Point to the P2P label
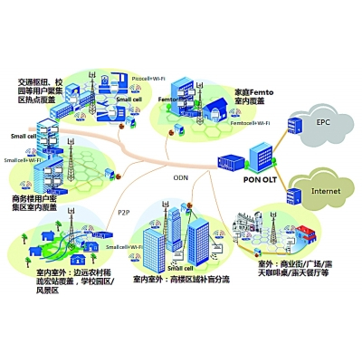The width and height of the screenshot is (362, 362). click(123, 212)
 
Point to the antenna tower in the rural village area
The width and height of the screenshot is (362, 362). click(40, 224)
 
